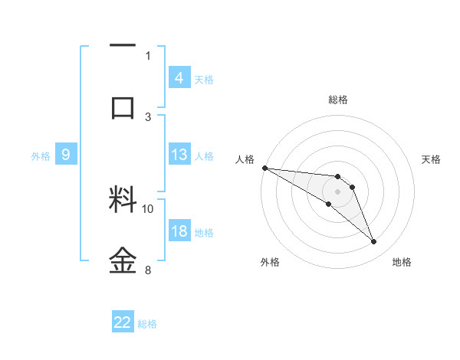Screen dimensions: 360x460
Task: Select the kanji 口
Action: [123, 106]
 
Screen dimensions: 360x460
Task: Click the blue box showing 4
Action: [179, 77]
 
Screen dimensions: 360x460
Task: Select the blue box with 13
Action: [179, 155]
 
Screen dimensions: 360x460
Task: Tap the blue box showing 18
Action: [179, 231]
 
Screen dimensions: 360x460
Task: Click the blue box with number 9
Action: [66, 155]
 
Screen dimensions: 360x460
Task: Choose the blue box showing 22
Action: [123, 322]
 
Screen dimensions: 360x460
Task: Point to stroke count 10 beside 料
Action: [148, 208]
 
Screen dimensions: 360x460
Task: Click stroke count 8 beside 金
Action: [148, 270]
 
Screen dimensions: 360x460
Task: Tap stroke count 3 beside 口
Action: [148, 116]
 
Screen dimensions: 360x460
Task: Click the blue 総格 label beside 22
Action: [147, 324]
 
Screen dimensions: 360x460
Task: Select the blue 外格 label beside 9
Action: [41, 156]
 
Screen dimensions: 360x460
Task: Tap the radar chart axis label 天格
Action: [431, 159]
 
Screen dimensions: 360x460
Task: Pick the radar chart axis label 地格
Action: [402, 262]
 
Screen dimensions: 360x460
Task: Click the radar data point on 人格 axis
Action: [264, 168]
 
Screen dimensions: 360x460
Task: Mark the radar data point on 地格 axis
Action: [374, 242]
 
